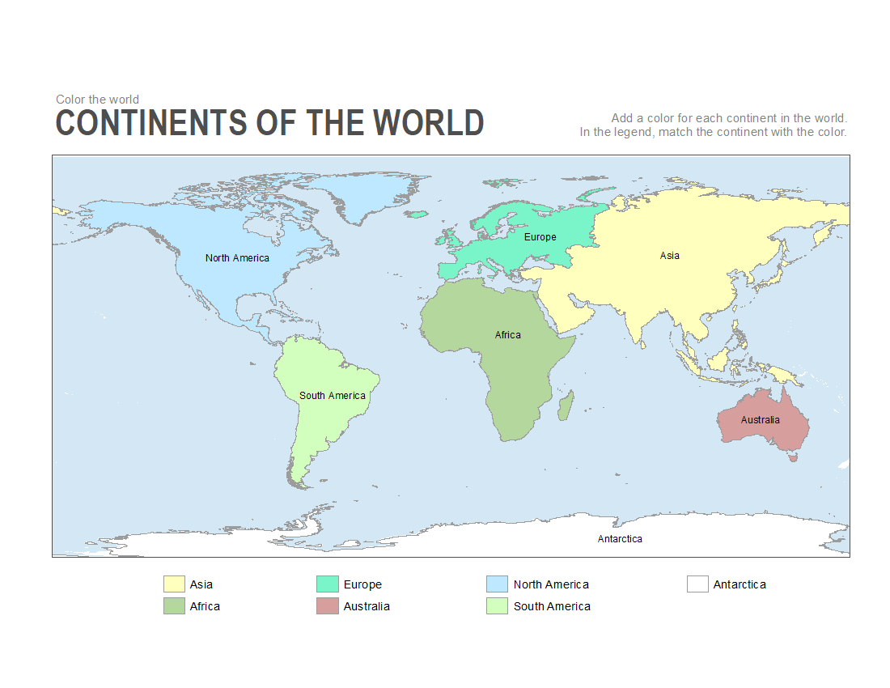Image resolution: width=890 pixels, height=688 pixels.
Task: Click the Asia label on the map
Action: [x=669, y=256]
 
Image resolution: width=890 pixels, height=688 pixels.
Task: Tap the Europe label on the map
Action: [x=540, y=237]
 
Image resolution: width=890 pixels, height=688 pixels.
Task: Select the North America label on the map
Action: [x=237, y=258]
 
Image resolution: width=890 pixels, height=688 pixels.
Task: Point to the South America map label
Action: [x=332, y=396]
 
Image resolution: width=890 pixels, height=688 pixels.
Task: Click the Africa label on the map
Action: [x=508, y=335]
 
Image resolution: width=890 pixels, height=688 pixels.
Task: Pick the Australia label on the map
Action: [x=760, y=420]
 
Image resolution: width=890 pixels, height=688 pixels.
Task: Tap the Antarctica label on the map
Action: [x=620, y=539]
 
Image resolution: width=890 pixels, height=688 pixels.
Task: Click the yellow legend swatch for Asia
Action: [x=174, y=584]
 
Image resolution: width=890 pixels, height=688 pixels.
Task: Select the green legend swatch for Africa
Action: [x=174, y=606]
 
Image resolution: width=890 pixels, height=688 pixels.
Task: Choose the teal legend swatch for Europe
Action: [x=327, y=584]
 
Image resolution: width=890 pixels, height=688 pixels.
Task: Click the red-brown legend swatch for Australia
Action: [x=327, y=606]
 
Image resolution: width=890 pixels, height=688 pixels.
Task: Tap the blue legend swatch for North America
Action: [x=497, y=584]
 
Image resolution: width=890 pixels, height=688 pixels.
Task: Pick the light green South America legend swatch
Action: [x=497, y=606]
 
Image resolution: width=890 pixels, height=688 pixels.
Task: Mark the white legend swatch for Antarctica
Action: [x=697, y=584]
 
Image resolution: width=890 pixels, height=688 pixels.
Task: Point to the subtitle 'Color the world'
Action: [x=97, y=100]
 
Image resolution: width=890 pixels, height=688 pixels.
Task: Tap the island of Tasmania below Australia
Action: [x=794, y=457]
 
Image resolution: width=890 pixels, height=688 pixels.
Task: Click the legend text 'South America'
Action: [x=552, y=606]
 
